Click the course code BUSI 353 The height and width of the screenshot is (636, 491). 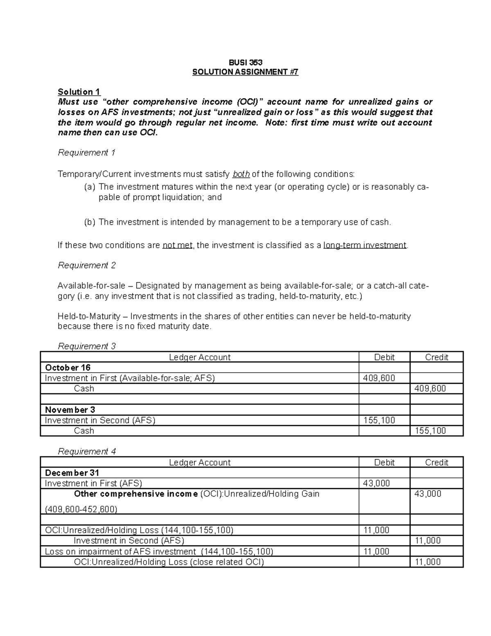[x=245, y=62]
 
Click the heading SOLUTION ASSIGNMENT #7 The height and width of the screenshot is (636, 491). [x=245, y=72]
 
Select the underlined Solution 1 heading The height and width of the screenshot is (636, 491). [x=79, y=92]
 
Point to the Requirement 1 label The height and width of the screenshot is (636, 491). [x=87, y=153]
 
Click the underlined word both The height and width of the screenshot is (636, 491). [x=241, y=174]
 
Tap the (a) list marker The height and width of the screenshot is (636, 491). [x=90, y=187]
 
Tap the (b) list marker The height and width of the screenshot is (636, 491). [x=90, y=222]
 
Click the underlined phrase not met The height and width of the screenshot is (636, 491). [x=177, y=245]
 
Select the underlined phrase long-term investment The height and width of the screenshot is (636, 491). [x=365, y=245]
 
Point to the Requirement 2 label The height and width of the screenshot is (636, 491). [x=87, y=265]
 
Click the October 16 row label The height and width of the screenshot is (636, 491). [x=68, y=367]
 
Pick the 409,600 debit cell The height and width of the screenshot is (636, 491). [x=379, y=378]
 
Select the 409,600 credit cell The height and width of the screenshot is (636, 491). [x=430, y=388]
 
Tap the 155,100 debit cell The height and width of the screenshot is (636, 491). [x=379, y=420]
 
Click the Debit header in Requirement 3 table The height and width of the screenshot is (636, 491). [x=384, y=357]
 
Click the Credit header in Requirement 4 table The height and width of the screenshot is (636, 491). [x=437, y=462]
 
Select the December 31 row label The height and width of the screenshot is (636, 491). [x=72, y=473]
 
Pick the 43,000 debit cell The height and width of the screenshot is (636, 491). [x=376, y=483]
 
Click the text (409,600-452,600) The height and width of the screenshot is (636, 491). [x=81, y=509]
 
